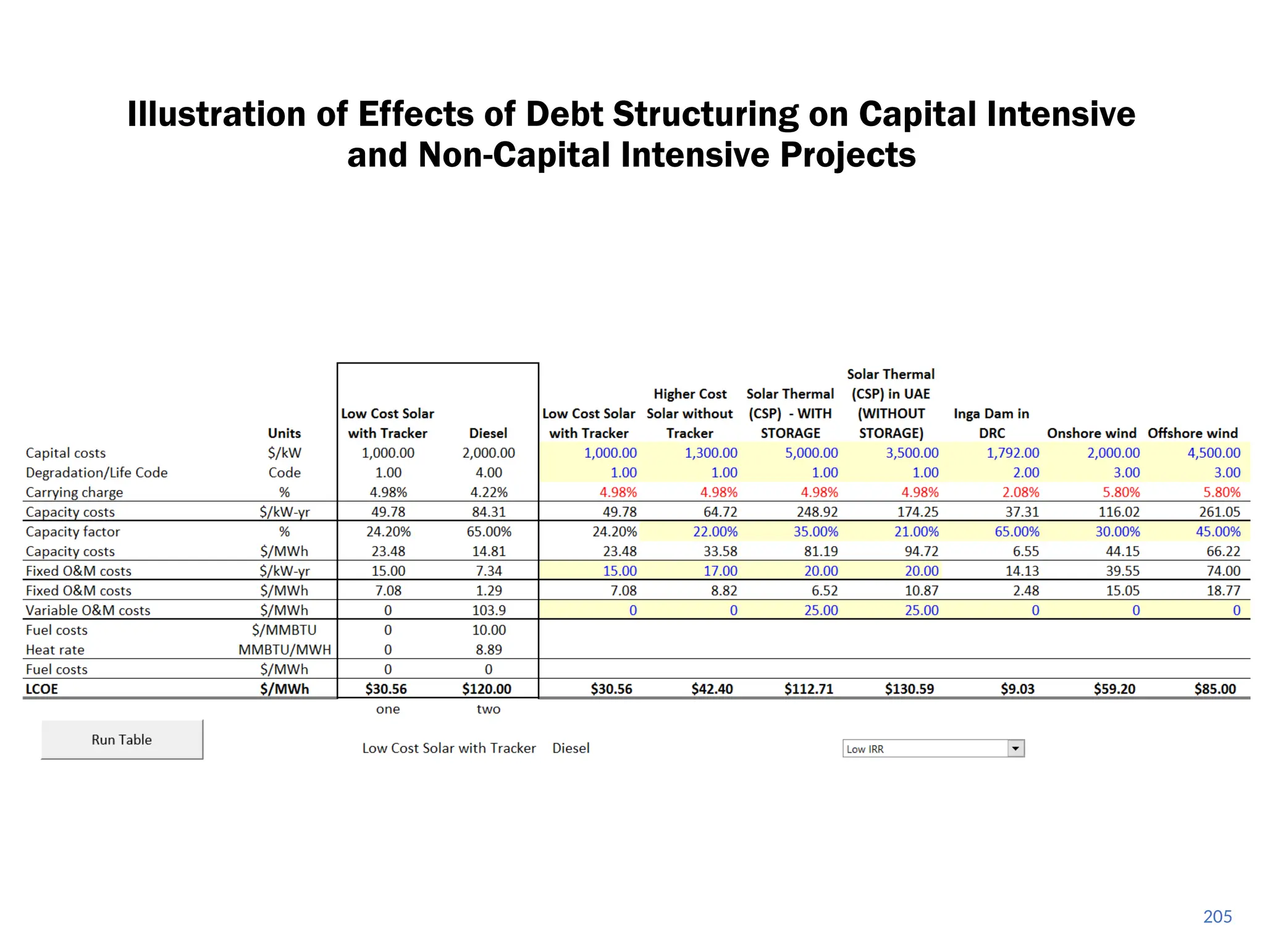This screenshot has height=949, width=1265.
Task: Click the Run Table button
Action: tap(122, 740)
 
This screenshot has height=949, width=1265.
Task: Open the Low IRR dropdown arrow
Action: tap(1015, 748)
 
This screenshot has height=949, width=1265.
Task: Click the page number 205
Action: tap(1217, 916)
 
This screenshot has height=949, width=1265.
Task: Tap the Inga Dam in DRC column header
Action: tap(991, 423)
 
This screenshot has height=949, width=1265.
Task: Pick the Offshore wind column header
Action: tap(1192, 433)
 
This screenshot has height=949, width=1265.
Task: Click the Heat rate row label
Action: tap(55, 649)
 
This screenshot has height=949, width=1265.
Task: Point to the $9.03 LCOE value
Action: tap(1017, 689)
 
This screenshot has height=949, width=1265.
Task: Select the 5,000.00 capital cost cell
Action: tap(811, 453)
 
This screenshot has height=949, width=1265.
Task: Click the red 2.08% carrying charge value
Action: tap(1020, 492)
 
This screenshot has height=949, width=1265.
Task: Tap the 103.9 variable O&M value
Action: tap(489, 610)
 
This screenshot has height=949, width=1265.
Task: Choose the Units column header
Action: tap(284, 433)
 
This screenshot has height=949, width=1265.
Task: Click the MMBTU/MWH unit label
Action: tap(285, 649)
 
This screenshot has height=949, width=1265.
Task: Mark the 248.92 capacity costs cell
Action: tap(817, 512)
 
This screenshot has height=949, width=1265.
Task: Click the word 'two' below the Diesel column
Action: tap(488, 709)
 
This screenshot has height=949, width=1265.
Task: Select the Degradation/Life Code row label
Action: tap(96, 473)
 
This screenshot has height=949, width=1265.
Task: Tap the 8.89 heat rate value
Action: tap(489, 649)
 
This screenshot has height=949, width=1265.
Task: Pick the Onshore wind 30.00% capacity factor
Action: tap(1117, 531)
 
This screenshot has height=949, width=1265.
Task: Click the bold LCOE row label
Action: tap(41, 689)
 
